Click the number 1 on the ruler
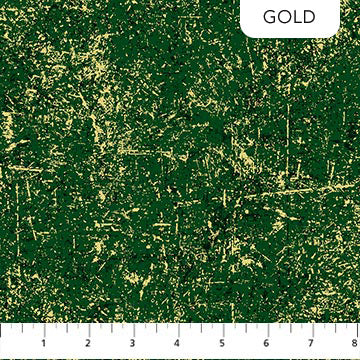[44, 342]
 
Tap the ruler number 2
[89, 342]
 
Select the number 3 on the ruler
[133, 342]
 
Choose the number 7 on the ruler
[311, 342]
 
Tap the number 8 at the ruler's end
[353, 342]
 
